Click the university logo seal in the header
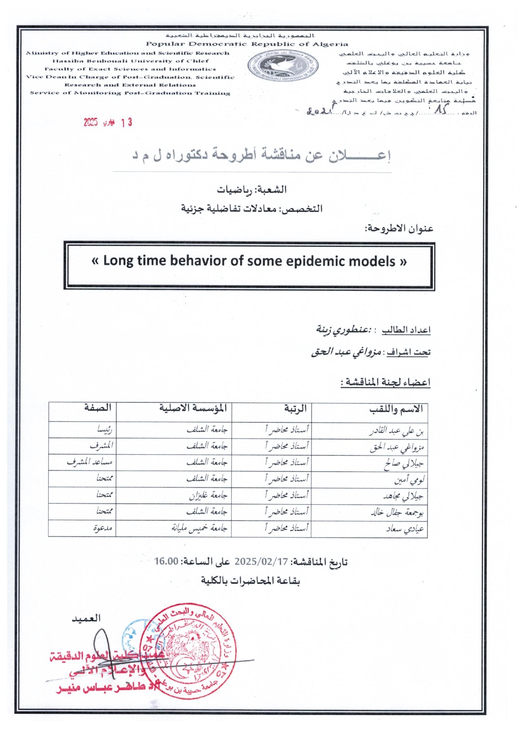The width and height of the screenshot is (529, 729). [283, 66]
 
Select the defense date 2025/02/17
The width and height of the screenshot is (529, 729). [261, 562]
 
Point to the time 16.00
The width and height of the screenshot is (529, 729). [166, 561]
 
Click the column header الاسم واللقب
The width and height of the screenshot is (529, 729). [396, 409]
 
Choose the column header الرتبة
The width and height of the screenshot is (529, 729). [295, 409]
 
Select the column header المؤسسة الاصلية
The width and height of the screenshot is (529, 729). [193, 408]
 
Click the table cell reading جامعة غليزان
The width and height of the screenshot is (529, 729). [208, 496]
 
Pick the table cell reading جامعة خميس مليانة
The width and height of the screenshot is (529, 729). [200, 528]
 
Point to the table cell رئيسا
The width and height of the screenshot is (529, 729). [104, 430]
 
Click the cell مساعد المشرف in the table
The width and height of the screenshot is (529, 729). [90, 462]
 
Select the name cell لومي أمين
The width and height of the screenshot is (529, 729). [409, 480]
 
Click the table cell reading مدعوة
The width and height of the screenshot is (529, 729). [102, 528]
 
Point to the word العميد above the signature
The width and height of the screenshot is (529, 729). [86, 619]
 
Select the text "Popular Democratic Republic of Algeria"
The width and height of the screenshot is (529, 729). [247, 44]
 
